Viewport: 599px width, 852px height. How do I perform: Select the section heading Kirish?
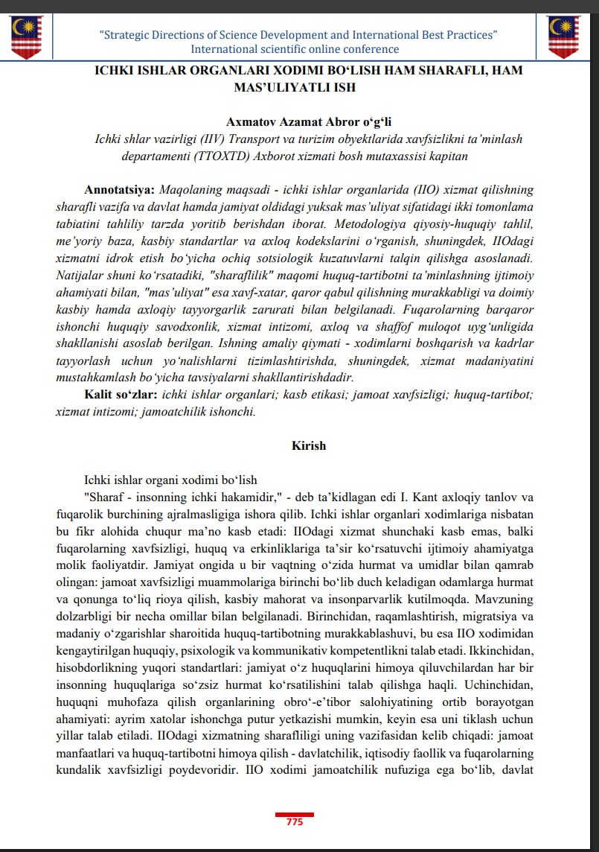(308, 445)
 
